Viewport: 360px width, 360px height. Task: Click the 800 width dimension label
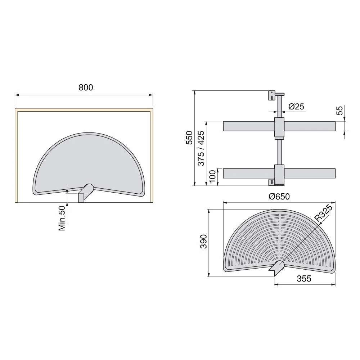pos(86,87)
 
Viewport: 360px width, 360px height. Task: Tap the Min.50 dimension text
pos(62,217)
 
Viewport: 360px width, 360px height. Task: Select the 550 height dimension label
pos(189,138)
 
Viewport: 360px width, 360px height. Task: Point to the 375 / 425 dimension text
pos(201,148)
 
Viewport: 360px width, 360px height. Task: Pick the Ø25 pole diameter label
pos(296,106)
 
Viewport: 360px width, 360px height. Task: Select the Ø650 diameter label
pos(279,197)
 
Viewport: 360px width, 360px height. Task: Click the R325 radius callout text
pos(323,213)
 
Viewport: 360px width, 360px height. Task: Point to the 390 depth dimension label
pos(204,242)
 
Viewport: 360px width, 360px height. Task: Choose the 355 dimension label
pos(304,279)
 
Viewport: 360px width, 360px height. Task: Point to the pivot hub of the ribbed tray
pos(278,267)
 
